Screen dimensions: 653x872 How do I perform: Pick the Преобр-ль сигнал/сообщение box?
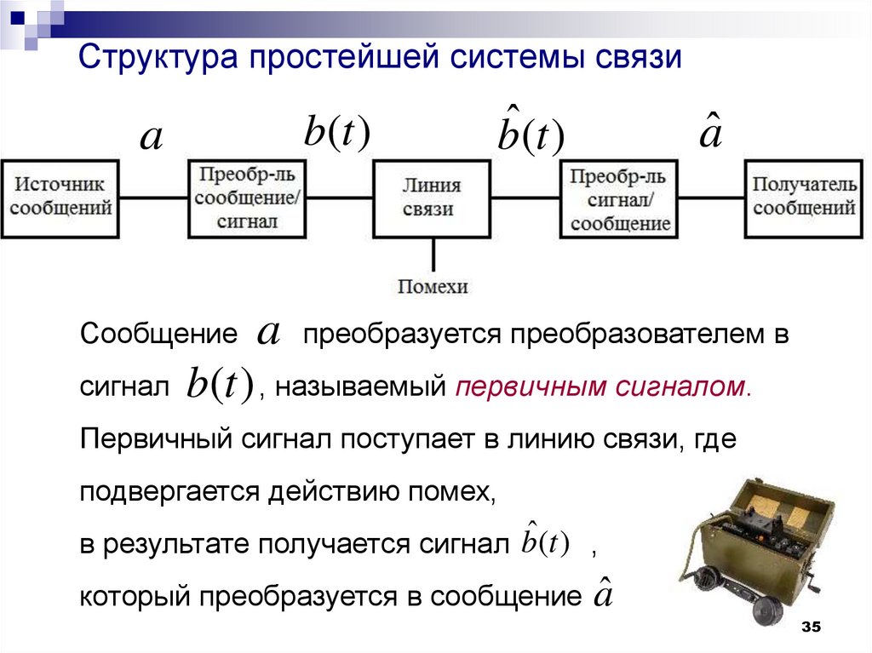pyautogui.click(x=620, y=198)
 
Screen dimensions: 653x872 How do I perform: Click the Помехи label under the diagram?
pyautogui.click(x=433, y=287)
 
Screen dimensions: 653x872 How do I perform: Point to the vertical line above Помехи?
pyautogui.click(x=433, y=255)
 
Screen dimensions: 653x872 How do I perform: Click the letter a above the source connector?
pyautogui.click(x=151, y=139)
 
